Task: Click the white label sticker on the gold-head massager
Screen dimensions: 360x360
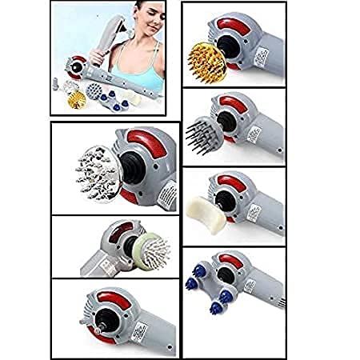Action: point(264,57)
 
